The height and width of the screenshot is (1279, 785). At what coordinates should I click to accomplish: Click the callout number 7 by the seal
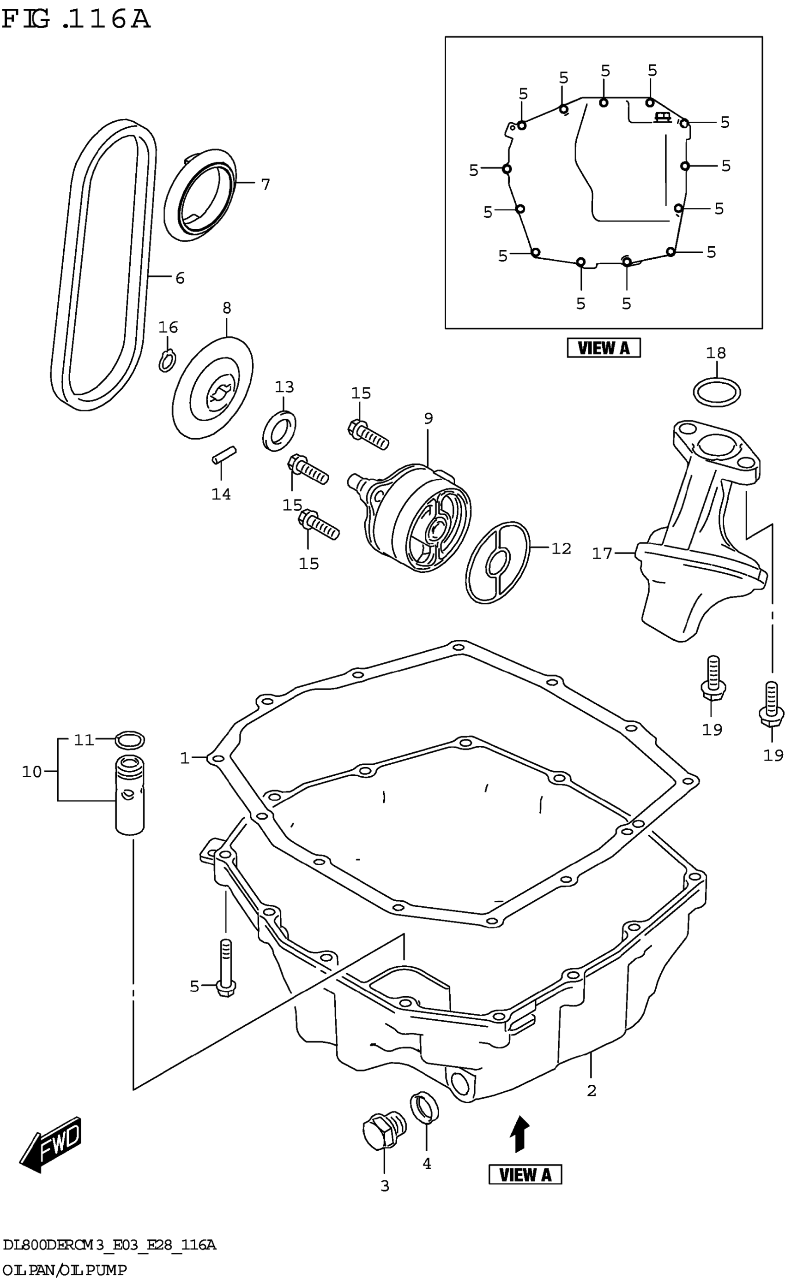tap(266, 184)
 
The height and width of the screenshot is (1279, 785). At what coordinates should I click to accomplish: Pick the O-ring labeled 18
tap(716, 393)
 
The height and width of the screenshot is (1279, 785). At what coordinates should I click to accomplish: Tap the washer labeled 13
tap(279, 430)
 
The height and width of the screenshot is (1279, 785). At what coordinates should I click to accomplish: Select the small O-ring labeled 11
tap(129, 740)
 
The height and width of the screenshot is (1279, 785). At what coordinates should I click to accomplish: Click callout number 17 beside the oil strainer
tap(602, 553)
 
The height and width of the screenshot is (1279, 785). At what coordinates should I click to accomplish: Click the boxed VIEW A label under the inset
tap(603, 348)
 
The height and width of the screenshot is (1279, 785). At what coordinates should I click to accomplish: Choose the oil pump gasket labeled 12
tap(497, 563)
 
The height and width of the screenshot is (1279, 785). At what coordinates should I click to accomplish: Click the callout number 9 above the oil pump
tap(428, 418)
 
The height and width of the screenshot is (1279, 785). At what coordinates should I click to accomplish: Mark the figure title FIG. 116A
tap(76, 20)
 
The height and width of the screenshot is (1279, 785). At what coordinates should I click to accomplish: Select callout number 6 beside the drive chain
tap(180, 278)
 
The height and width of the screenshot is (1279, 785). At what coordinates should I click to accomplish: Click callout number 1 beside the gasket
tap(184, 758)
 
